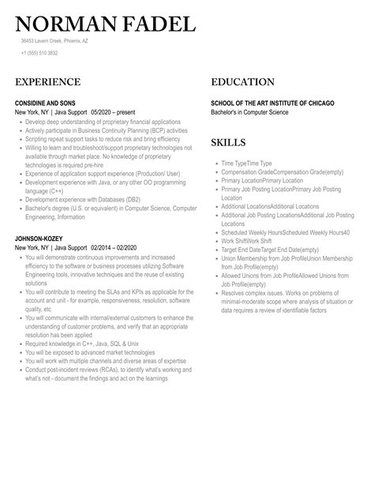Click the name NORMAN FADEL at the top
(104, 24)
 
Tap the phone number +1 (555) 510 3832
(39, 54)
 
